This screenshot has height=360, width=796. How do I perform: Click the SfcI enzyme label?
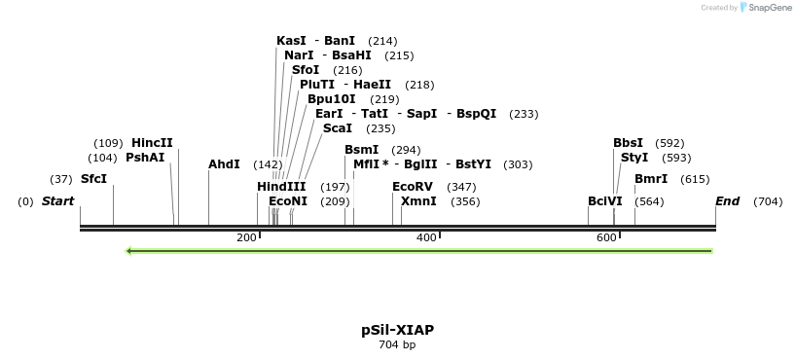tap(93, 179)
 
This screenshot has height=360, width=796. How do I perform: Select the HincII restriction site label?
tap(152, 143)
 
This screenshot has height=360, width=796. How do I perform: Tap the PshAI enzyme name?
tap(145, 158)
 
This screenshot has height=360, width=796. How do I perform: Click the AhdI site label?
tap(224, 164)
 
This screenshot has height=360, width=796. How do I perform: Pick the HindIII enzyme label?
tap(281, 187)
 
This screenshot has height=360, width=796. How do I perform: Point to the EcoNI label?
tap(288, 201)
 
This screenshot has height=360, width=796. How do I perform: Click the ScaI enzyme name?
tap(338, 128)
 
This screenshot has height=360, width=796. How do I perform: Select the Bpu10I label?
tap(332, 99)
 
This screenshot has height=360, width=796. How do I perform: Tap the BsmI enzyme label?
tap(361, 150)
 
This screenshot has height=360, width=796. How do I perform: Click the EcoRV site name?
tap(412, 187)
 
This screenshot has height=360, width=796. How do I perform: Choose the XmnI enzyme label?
tap(418, 201)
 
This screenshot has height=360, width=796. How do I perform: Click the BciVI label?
tap(604, 201)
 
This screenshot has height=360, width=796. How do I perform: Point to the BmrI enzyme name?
tap(651, 179)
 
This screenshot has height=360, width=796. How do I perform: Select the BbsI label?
tap(628, 143)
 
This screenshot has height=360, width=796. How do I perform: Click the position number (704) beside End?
tap(768, 201)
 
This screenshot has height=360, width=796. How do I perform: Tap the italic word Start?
tap(57, 201)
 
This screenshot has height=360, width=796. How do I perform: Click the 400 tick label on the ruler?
tap(426, 237)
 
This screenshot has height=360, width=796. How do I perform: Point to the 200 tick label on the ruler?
tap(246, 237)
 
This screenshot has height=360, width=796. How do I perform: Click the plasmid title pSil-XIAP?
tap(397, 330)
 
